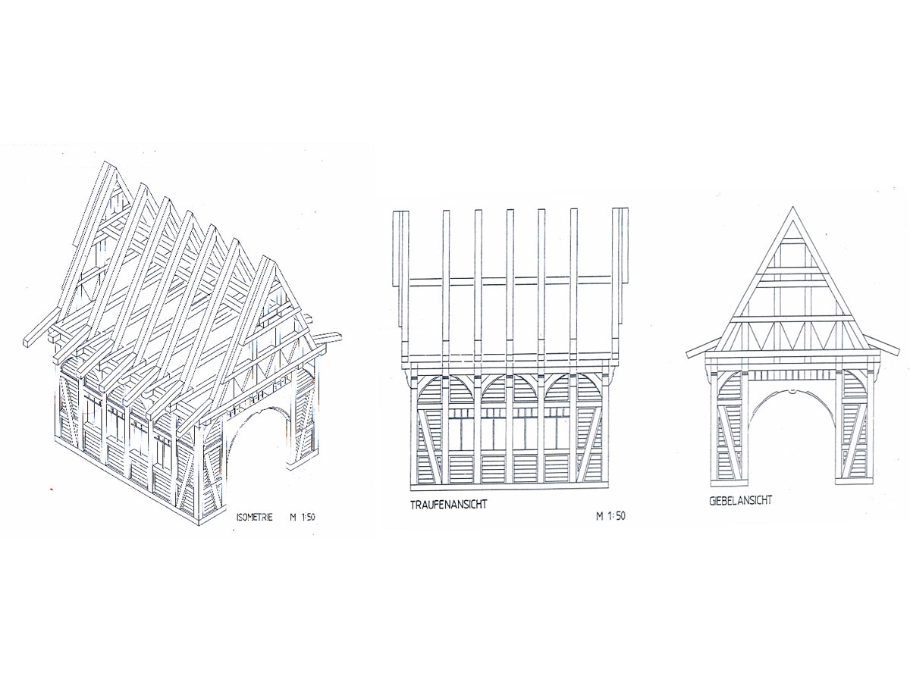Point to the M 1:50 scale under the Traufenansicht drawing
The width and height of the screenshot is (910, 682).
611,517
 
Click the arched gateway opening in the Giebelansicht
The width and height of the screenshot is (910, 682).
791,440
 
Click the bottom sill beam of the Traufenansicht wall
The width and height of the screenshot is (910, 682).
510,485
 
